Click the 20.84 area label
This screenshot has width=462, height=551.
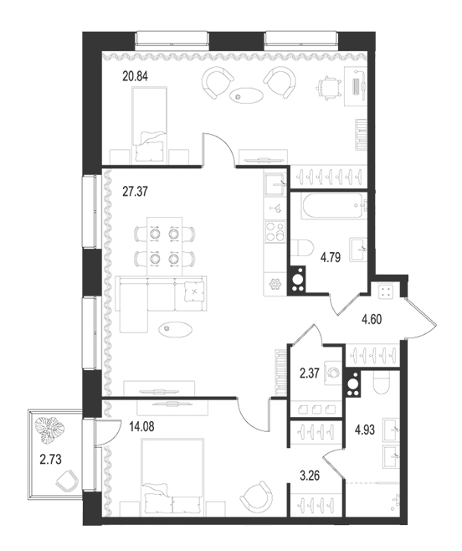tap(135, 76)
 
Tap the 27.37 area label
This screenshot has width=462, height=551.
tap(135, 192)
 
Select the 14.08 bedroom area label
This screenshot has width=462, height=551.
tap(141, 427)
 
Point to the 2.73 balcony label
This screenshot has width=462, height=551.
tap(50, 459)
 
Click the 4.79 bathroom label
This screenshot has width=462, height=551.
tap(331, 258)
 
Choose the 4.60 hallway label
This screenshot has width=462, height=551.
tap(372, 319)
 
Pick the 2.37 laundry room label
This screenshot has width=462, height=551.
tap(310, 373)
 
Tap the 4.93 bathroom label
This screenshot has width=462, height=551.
tap(365, 430)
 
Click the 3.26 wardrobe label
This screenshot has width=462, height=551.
tap(310, 476)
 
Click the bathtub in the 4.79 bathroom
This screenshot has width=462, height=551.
tap(333, 206)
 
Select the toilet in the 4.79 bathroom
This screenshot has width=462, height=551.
tap(302, 252)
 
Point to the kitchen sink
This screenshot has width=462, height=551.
tap(275, 184)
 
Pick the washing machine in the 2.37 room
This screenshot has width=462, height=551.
tap(333, 373)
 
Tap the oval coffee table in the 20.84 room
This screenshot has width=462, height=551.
tap(246, 95)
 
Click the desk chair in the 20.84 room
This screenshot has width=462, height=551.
tap(331, 88)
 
